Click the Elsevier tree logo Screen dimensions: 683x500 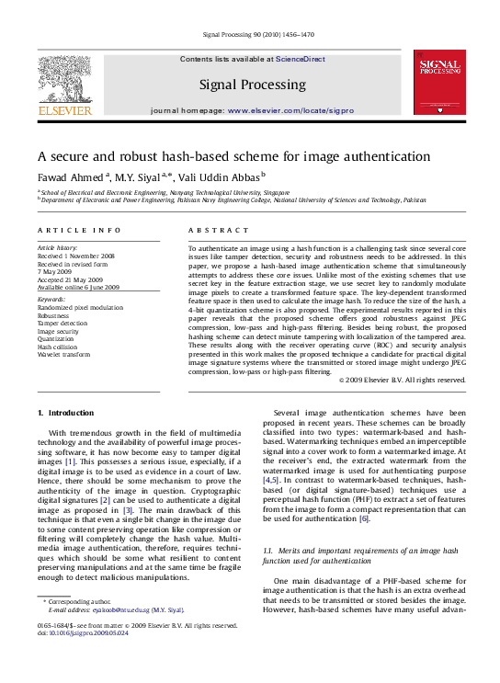tap(63, 79)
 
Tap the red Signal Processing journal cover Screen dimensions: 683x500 tap(439, 82)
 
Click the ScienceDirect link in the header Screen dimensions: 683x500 tap(301, 59)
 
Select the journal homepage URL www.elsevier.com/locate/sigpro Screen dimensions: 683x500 tap(290, 110)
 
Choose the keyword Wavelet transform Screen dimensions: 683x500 tap(64, 354)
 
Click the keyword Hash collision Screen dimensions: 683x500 tap(59, 346)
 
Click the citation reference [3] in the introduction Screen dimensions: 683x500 tap(129, 508)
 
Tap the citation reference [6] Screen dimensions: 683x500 tap(364, 518)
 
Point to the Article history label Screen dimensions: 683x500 tap(58, 248)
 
